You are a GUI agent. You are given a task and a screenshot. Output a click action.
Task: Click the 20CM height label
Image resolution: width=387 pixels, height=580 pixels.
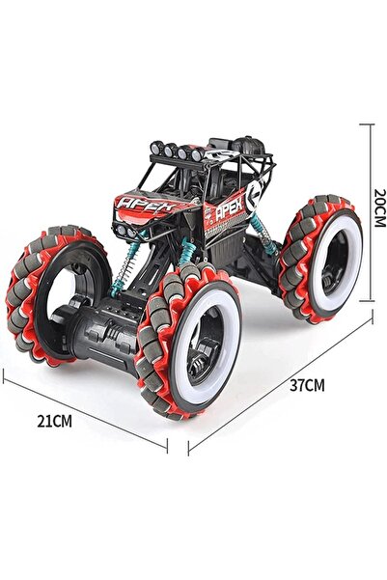[379, 207]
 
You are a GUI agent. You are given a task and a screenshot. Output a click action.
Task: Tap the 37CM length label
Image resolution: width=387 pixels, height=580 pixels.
[307, 385]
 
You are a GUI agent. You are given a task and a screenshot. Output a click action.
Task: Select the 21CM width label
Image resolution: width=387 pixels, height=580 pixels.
[54, 422]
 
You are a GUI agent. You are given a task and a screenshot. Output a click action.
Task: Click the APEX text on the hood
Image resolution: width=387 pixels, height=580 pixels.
[147, 205]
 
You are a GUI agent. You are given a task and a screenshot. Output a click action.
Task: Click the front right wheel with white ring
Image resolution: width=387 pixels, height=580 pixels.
[189, 341]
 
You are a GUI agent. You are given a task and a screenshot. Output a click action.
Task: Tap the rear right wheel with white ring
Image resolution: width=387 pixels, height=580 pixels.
[321, 259]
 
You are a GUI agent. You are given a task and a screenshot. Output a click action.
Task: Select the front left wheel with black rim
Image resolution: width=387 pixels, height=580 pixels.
[56, 294]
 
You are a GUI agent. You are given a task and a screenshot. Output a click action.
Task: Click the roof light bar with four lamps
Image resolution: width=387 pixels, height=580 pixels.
[177, 151]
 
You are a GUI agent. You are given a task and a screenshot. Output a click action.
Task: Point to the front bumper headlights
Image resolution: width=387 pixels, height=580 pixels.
[125, 231]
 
